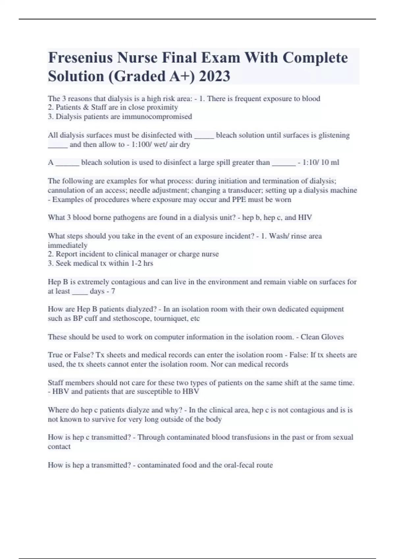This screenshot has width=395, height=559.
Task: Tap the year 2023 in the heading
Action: click(x=215, y=76)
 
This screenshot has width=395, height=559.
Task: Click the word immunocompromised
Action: click(x=157, y=116)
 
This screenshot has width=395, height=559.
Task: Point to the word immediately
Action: click(x=68, y=245)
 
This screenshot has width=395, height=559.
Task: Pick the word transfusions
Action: click(x=254, y=437)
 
